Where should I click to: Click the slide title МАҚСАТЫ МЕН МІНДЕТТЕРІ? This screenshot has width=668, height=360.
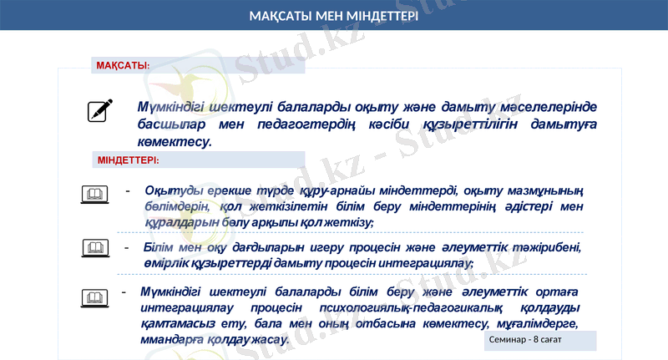tap(333, 17)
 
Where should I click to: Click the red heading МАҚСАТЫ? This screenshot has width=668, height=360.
tap(123, 65)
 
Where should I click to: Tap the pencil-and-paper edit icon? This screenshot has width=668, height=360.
tap(100, 111)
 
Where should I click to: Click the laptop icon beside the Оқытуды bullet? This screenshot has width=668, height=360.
tap(95, 195)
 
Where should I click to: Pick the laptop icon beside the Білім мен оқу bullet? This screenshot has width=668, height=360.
tap(95, 247)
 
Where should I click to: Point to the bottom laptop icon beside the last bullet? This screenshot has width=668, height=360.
tap(95, 297)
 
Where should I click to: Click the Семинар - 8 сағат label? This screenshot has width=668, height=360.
tap(525, 341)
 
